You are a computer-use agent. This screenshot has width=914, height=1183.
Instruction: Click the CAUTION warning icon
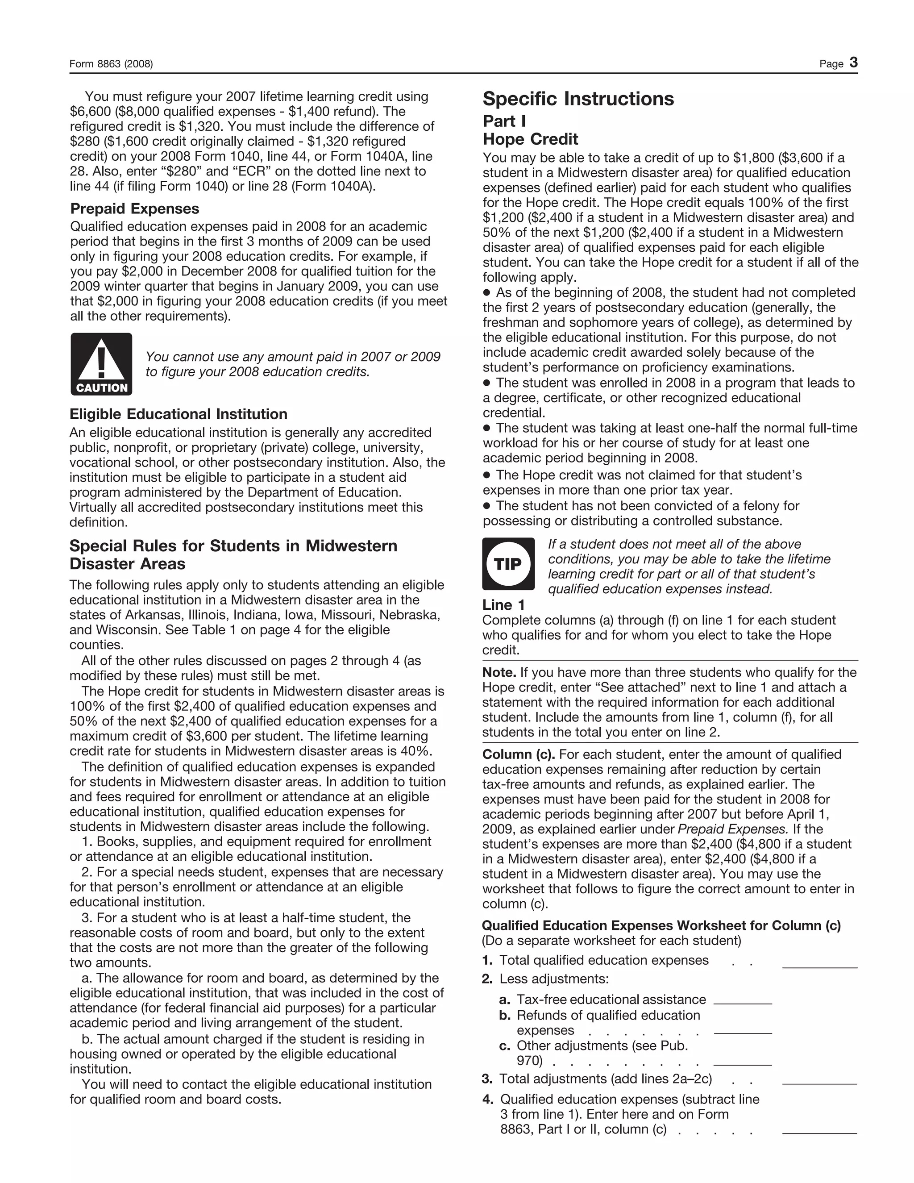(101, 364)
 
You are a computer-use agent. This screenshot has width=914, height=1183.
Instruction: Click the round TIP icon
(508, 564)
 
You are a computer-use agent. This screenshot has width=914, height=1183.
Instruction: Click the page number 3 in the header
(853, 62)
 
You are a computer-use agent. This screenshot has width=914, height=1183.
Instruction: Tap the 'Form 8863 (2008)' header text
(111, 64)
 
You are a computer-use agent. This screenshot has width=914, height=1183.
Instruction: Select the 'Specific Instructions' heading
(578, 99)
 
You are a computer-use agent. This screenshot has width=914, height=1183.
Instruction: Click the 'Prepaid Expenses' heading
(134, 208)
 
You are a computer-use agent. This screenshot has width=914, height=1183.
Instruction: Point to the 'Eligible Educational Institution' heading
(178, 414)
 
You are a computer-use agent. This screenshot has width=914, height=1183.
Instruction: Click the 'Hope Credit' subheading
(530, 139)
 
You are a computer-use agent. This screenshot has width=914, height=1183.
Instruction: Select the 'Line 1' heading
(503, 604)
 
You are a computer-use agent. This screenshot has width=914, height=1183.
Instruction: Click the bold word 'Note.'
(499, 672)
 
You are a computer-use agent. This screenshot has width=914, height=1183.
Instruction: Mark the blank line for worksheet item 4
(820, 1132)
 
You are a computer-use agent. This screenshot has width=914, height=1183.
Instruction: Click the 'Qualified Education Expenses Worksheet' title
(661, 925)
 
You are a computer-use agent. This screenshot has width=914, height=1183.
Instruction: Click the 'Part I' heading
(503, 121)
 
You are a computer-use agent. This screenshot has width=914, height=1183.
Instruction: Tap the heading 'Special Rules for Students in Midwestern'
(233, 546)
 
